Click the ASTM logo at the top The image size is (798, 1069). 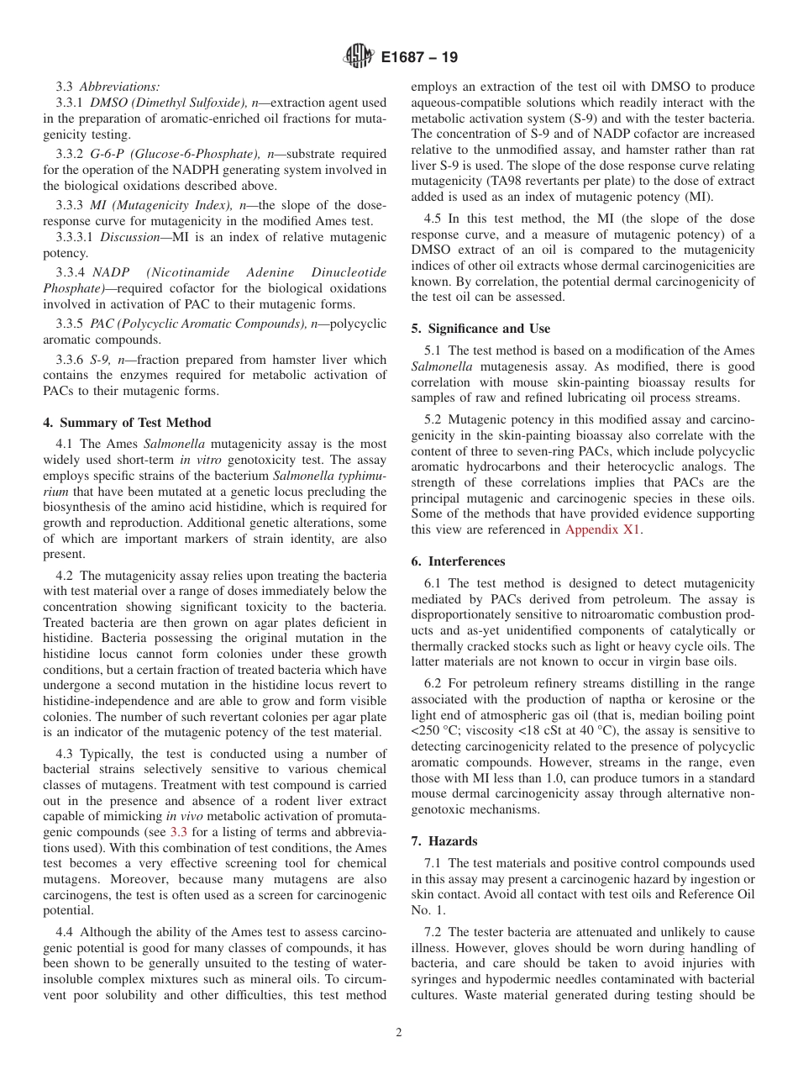[x=359, y=58]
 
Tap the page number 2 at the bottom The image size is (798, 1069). [x=399, y=1033]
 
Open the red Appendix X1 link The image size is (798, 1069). [x=602, y=529]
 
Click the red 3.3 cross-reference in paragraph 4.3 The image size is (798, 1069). [x=180, y=832]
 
